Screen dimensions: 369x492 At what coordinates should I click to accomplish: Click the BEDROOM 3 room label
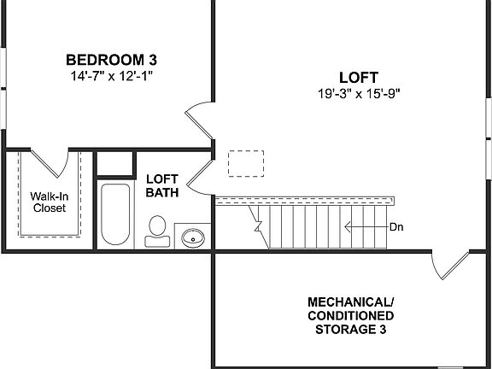point(111,61)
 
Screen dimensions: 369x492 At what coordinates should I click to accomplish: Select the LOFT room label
point(358,77)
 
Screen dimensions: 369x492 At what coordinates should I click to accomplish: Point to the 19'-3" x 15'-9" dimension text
point(358,92)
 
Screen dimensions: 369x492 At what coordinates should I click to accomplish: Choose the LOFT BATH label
point(161,185)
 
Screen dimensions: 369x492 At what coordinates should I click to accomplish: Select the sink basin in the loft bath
point(194,237)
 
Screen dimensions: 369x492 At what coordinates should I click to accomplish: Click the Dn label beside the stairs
point(395,227)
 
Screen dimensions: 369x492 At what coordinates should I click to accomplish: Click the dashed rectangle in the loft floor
point(246,162)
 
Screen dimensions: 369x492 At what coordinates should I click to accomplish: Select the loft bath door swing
point(199,173)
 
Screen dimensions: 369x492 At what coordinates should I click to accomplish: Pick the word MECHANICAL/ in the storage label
point(351,303)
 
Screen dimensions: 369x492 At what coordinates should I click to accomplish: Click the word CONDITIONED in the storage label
point(351,316)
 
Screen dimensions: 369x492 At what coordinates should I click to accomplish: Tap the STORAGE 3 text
point(351,329)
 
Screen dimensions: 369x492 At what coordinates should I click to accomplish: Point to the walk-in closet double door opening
point(49,161)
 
